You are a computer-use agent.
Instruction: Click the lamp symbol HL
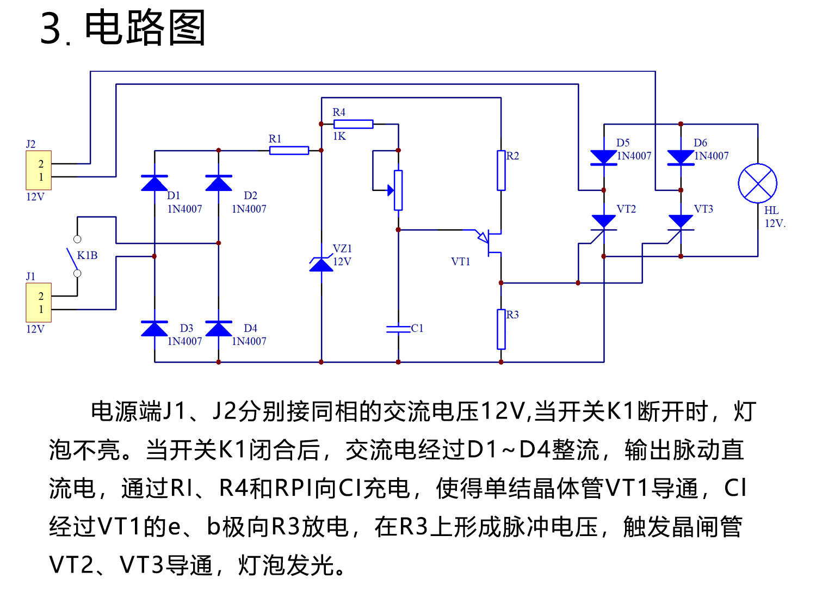[757, 183]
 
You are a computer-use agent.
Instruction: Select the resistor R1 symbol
[289, 150]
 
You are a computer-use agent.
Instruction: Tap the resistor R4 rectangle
[353, 124]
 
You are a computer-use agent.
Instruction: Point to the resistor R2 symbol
[501, 170]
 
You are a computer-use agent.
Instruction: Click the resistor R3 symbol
[501, 329]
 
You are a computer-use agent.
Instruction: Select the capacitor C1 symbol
[398, 329]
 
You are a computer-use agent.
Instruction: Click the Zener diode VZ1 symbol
[322, 264]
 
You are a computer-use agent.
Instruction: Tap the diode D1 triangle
[154, 183]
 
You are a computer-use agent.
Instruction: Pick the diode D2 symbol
[219, 183]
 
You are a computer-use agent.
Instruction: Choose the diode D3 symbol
[154, 329]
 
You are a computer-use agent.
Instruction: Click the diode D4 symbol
[219, 329]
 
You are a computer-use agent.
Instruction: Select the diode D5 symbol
[604, 157]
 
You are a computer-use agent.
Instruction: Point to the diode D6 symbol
[681, 157]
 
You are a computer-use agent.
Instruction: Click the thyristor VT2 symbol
[603, 222]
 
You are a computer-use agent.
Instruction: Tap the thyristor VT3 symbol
[681, 222]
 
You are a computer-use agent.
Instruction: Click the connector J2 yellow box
[39, 170]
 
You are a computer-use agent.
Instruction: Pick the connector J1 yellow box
[39, 303]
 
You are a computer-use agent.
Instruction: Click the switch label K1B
[87, 255]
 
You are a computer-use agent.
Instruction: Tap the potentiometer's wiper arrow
[390, 190]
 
